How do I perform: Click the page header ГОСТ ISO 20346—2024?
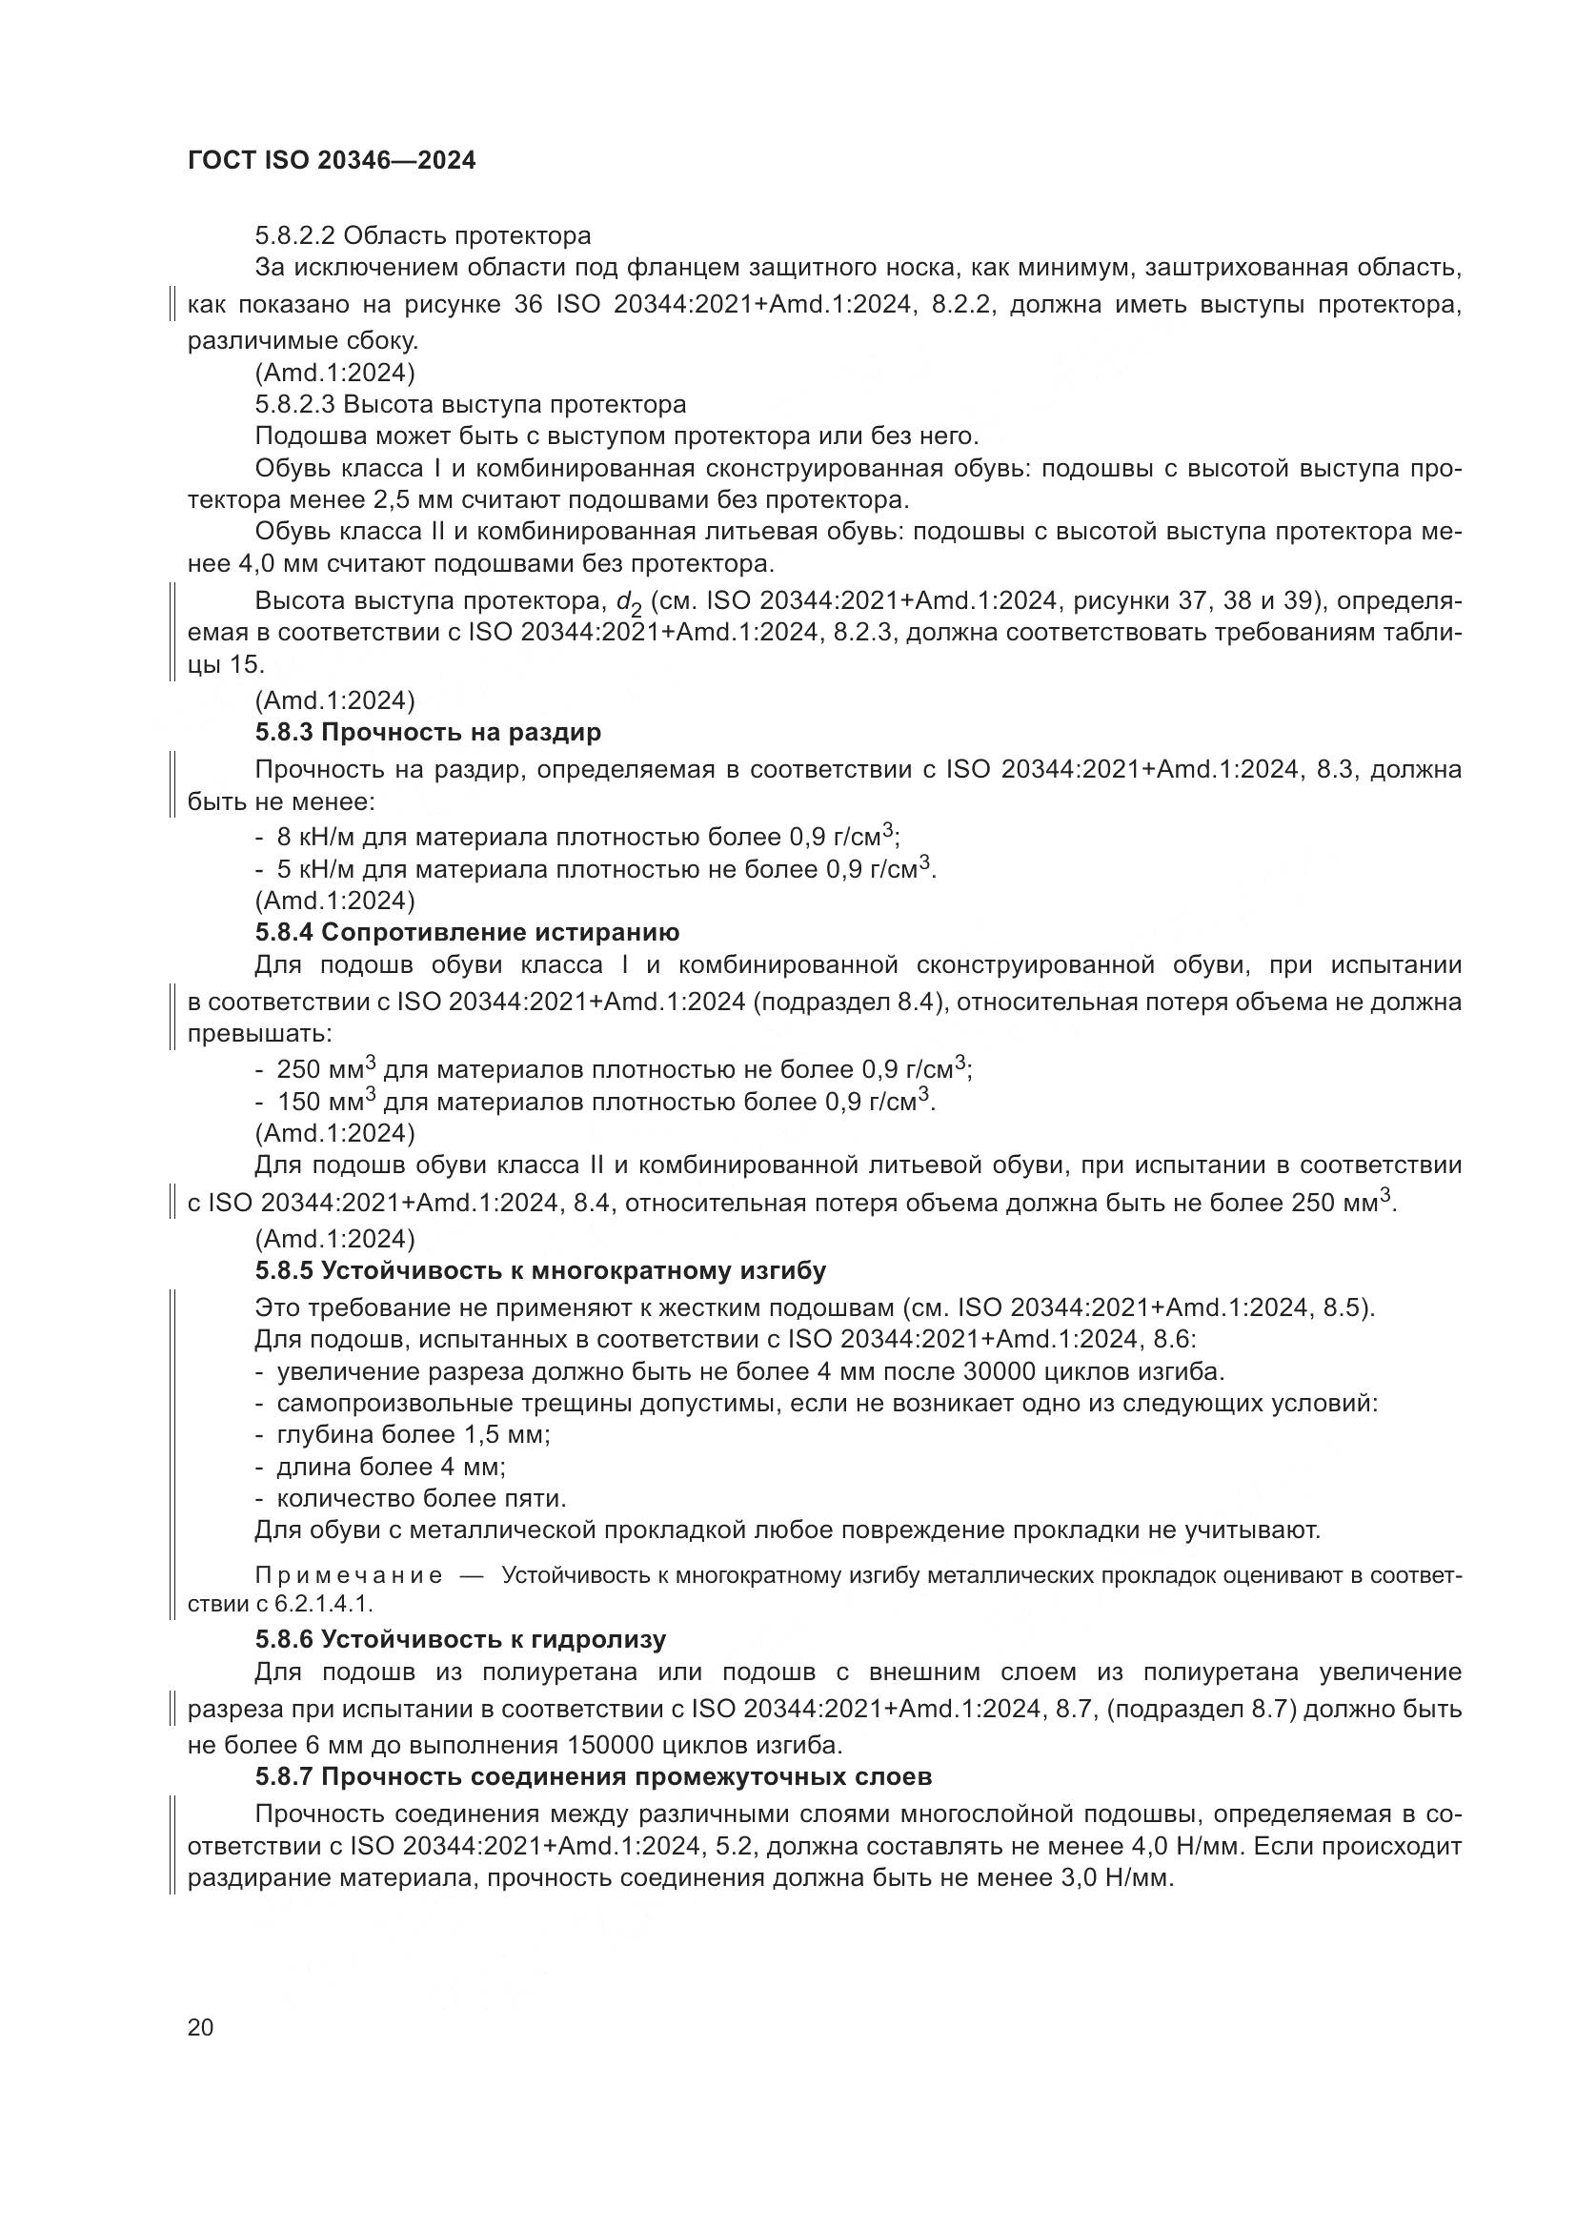pyautogui.click(x=331, y=161)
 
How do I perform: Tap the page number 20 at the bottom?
pyautogui.click(x=200, y=2027)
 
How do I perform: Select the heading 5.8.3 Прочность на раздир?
pyautogui.click(x=428, y=732)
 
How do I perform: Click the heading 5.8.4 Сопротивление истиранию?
pyautogui.click(x=467, y=933)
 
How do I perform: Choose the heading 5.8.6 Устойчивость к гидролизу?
pyautogui.click(x=460, y=1640)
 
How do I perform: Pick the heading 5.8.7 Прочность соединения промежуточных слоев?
pyautogui.click(x=593, y=1776)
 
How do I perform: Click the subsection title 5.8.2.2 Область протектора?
pyautogui.click(x=422, y=236)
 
